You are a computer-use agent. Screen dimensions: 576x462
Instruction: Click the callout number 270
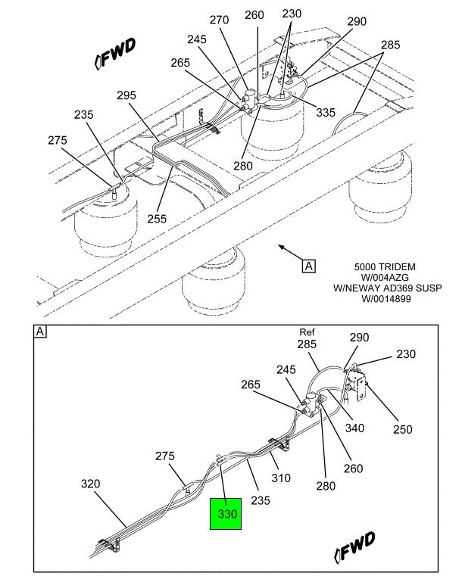[219, 20]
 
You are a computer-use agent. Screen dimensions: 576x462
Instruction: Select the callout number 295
[126, 95]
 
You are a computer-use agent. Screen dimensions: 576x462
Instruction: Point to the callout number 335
[326, 113]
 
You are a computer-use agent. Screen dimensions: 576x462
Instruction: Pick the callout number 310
[281, 478]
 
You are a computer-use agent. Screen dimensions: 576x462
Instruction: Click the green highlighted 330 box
[225, 514]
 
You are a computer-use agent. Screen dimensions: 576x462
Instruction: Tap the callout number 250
[402, 429]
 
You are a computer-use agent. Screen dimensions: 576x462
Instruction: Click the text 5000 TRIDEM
[385, 267]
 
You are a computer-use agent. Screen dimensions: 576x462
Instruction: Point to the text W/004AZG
[385, 278]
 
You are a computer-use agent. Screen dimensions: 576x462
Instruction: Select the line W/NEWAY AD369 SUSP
[388, 288]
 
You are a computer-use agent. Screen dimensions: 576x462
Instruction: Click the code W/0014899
[386, 299]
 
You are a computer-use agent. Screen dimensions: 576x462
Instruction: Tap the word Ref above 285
[307, 332]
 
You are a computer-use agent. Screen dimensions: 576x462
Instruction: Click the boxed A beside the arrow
[308, 266]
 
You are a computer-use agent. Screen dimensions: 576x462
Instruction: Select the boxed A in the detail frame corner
[41, 332]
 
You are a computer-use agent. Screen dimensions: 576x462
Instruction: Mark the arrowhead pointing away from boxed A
[279, 246]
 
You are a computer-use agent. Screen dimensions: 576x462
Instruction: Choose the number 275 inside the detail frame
[165, 456]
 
